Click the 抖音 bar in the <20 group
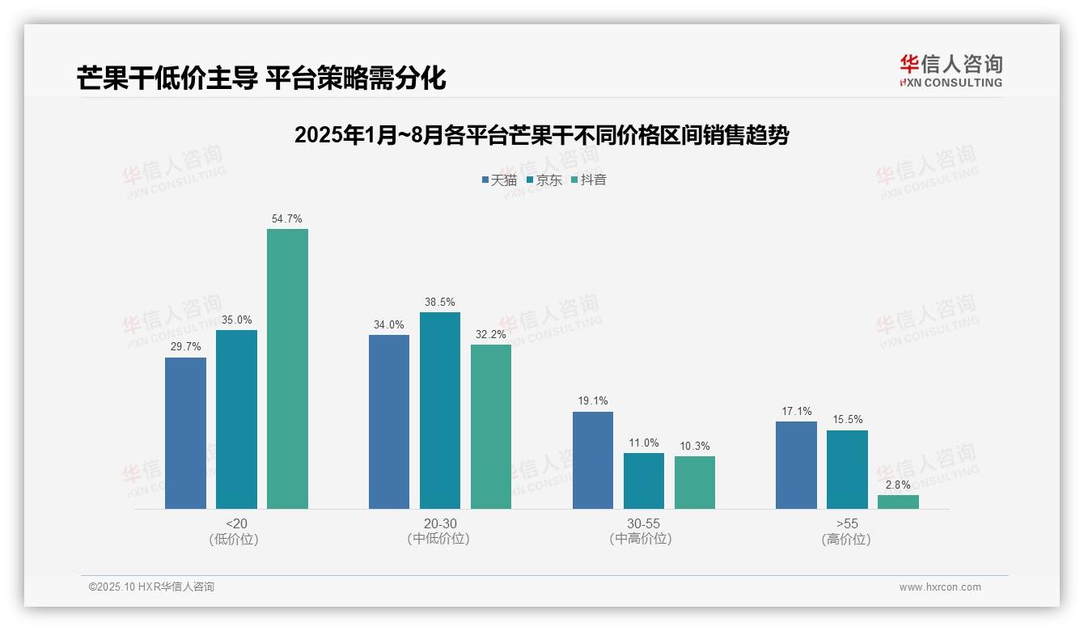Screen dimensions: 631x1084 point(287,369)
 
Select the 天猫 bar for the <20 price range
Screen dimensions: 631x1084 point(185,433)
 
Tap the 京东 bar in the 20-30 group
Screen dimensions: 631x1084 point(440,410)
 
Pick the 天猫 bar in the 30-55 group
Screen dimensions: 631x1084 point(593,460)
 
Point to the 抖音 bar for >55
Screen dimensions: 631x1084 point(898,502)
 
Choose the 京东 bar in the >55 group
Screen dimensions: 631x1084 point(847,469)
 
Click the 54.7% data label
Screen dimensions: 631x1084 point(287,219)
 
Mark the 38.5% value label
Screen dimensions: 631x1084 point(440,303)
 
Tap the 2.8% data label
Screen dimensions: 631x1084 point(898,485)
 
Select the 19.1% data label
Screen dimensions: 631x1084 point(593,401)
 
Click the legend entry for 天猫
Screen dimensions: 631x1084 point(499,180)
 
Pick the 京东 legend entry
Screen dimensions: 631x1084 point(544,180)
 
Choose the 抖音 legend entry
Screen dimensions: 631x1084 point(588,180)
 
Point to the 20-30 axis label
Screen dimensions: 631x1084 point(440,523)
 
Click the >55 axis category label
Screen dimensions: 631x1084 point(847,523)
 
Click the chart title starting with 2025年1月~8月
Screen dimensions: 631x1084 point(541,135)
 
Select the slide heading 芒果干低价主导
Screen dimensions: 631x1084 point(261,78)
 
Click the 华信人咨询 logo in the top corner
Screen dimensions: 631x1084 point(951,70)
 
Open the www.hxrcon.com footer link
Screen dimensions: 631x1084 point(940,587)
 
